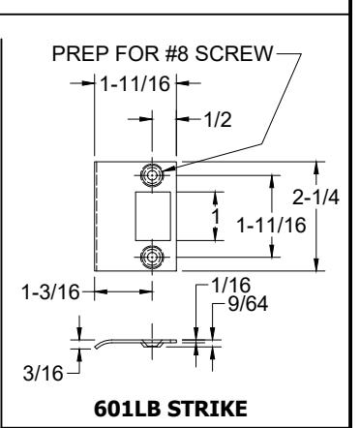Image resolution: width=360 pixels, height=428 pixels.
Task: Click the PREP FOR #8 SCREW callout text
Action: pyautogui.click(x=163, y=53)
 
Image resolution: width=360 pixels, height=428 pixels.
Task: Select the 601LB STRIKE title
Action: pyautogui.click(x=170, y=409)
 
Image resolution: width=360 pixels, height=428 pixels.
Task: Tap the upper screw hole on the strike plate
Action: pyautogui.click(x=152, y=175)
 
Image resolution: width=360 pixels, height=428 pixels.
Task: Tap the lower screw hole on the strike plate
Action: pyautogui.click(x=152, y=257)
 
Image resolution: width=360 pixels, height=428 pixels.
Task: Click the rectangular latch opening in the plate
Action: pyautogui.click(x=153, y=216)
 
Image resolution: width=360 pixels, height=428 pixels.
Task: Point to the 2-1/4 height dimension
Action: pyautogui.click(x=315, y=198)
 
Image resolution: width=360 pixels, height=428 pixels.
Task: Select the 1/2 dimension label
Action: pyautogui.click(x=218, y=120)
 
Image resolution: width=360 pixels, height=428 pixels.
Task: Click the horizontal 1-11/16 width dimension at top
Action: pyautogui.click(x=135, y=84)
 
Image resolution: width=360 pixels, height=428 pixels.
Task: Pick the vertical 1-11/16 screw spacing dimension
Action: pyautogui.click(x=271, y=225)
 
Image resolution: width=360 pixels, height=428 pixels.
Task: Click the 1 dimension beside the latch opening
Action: pyautogui.click(x=216, y=216)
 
